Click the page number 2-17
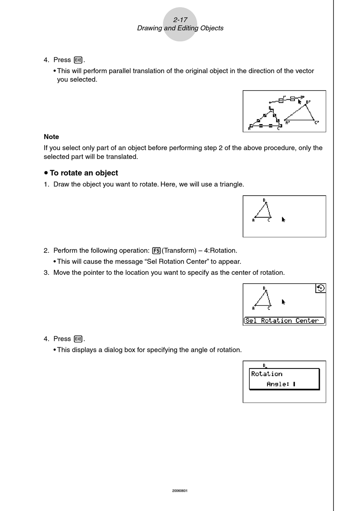point(180,20)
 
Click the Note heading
point(51,137)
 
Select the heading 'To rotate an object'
point(83,173)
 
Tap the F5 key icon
point(156,251)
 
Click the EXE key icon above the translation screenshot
point(78,60)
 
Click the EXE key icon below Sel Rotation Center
point(78,339)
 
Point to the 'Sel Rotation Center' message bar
point(284,321)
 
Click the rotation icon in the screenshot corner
point(321,288)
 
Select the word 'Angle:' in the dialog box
point(278,384)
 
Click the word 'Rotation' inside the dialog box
point(266,374)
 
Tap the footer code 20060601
point(180,491)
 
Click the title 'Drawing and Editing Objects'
point(180,28)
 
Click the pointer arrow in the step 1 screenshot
point(283,219)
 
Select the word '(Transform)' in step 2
point(179,251)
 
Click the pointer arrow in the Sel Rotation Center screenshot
point(283,302)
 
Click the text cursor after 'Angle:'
point(294,384)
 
